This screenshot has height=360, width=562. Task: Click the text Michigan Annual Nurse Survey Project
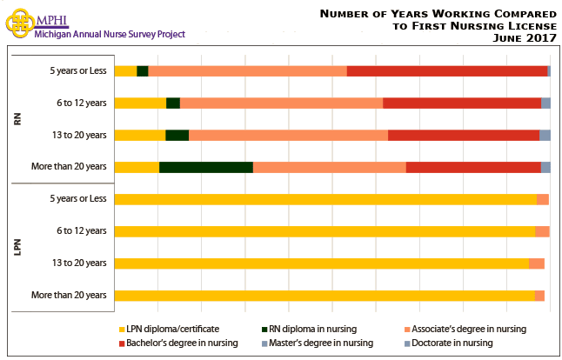pyautogui.click(x=109, y=34)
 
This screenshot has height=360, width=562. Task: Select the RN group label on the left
pyautogui.click(x=17, y=118)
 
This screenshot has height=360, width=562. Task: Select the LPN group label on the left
pyautogui.click(x=17, y=247)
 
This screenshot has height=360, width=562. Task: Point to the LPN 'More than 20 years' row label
pyautogui.click(x=69, y=295)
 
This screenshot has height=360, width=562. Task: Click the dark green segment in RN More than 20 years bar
pyautogui.click(x=206, y=167)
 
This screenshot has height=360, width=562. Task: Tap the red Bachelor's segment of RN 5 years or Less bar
pyautogui.click(x=447, y=70)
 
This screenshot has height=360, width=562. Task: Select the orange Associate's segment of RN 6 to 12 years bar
pyautogui.click(x=281, y=103)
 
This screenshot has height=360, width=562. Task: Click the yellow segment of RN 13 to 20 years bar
pyautogui.click(x=140, y=135)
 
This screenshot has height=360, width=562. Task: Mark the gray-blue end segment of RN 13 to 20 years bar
pyautogui.click(x=545, y=135)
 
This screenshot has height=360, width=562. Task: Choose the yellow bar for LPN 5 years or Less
pyautogui.click(x=325, y=199)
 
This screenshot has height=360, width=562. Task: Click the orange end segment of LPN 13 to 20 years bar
pyautogui.click(x=537, y=263)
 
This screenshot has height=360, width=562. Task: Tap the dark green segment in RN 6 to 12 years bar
pyautogui.click(x=173, y=103)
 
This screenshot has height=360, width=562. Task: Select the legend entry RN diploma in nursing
pyautogui.click(x=309, y=329)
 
